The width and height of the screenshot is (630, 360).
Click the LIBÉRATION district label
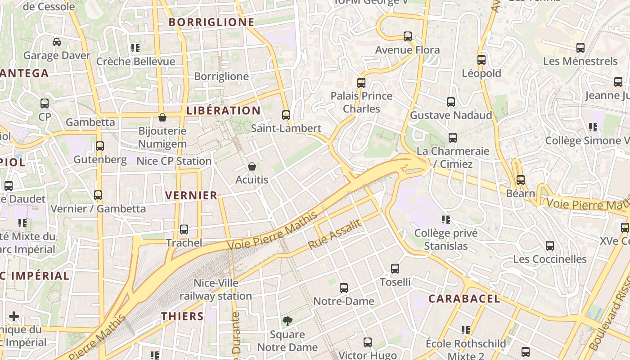coord(223,111)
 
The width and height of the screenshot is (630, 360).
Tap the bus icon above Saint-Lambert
coord(286,115)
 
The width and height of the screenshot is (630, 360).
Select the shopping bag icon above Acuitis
coord(252,167)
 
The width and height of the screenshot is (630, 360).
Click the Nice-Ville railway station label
coord(216,289)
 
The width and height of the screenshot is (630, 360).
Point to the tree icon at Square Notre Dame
coord(287,321)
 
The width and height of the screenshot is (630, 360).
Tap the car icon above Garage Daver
coord(57,42)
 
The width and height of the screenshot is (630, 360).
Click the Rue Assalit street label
coord(335,234)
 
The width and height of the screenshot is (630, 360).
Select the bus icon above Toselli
coord(395,269)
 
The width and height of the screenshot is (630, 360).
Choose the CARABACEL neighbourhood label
coord(464,299)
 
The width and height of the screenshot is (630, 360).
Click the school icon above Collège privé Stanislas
coord(446,220)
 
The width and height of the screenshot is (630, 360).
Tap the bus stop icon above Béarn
coord(521,180)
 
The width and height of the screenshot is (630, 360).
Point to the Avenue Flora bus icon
coord(408,36)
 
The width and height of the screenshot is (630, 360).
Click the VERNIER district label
coord(191,195)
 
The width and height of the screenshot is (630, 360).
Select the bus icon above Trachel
coord(184,229)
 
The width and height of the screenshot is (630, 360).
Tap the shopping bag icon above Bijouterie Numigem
coord(162,118)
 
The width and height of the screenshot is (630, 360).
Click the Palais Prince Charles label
coord(361,102)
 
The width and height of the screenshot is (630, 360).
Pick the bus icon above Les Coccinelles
coord(550,246)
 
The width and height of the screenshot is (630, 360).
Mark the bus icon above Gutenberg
coord(100,146)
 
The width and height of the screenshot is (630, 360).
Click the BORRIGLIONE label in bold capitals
coord(211,22)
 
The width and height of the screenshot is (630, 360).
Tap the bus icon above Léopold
coord(481,60)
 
